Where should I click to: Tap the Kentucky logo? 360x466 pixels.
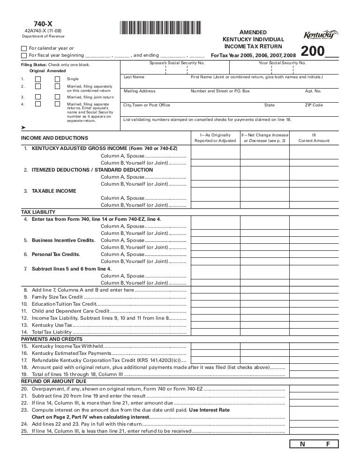pos(321,36)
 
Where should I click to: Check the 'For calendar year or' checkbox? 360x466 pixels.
pos(24,48)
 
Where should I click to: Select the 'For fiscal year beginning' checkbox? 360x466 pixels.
pos(24,55)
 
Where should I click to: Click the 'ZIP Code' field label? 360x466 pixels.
pos(314,105)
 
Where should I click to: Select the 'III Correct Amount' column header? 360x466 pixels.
pos(314,138)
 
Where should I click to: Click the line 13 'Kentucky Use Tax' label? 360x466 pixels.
pos(52,324)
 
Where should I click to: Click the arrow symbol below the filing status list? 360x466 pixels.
pos(23,128)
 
